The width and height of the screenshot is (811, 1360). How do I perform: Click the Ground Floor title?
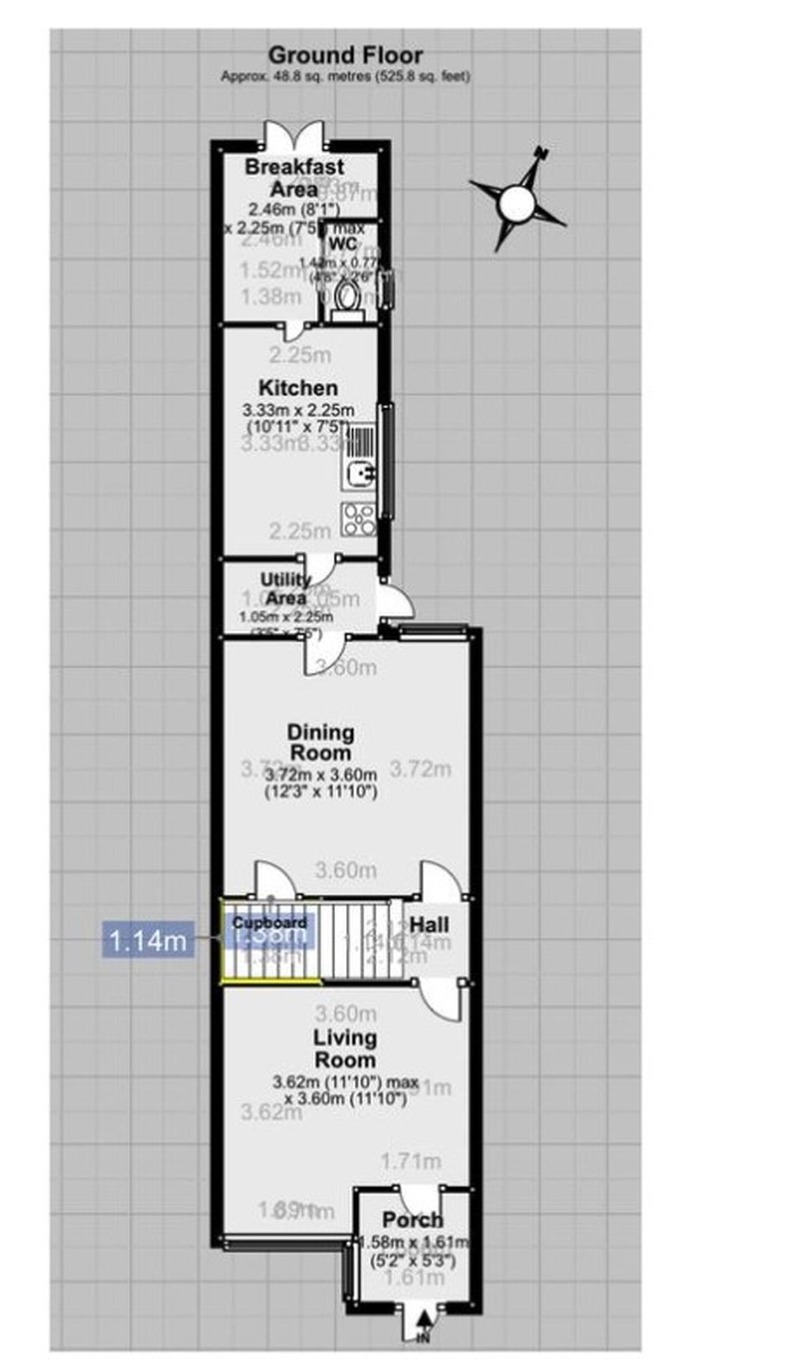tap(345, 55)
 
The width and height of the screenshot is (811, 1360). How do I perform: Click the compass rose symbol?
tap(516, 202)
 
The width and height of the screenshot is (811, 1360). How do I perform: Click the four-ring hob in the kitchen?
tap(358, 519)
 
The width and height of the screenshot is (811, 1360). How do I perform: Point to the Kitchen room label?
tap(298, 388)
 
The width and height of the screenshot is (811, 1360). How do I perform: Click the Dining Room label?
tap(320, 742)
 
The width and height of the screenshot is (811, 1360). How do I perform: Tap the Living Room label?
tap(344, 1049)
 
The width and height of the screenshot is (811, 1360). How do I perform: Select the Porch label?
tap(413, 1220)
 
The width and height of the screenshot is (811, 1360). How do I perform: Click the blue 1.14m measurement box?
tap(148, 940)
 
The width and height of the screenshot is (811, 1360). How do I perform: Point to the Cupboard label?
tap(269, 923)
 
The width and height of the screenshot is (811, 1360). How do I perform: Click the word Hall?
tap(429, 925)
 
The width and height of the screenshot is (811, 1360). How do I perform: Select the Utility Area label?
tap(286, 589)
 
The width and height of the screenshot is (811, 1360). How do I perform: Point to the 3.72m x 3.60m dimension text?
tap(320, 775)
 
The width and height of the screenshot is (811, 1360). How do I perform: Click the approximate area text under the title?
tap(345, 77)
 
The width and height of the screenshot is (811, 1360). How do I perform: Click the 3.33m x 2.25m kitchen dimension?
tap(298, 411)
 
